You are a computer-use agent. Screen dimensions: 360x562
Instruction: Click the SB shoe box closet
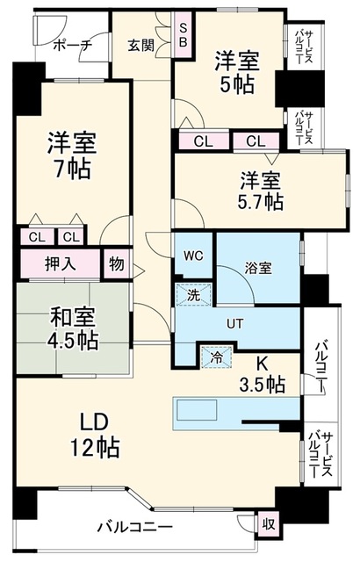[x=183, y=34]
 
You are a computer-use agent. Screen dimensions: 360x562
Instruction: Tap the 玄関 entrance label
[x=141, y=46]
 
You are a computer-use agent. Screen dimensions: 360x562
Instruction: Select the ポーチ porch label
[x=73, y=46]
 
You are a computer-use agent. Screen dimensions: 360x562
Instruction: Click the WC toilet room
[x=194, y=256]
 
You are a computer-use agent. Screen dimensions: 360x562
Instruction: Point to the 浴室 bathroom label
[x=258, y=268]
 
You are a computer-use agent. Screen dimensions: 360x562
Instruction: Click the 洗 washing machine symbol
[x=193, y=295]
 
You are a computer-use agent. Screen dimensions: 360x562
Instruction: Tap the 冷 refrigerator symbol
[x=216, y=357]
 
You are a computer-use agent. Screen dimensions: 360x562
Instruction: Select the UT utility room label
[x=235, y=324]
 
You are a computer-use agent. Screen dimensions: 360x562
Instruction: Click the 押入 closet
[x=61, y=263]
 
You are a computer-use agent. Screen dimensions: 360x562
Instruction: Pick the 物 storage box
[x=117, y=263]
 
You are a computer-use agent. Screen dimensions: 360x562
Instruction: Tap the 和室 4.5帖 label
[x=73, y=328]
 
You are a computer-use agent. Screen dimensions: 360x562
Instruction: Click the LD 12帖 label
[x=94, y=435]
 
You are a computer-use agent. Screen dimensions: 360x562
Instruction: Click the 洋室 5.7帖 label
[x=261, y=191]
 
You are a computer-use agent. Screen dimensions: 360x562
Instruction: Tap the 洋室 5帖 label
[x=236, y=72]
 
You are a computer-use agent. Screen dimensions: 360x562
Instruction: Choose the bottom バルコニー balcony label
[x=135, y=527]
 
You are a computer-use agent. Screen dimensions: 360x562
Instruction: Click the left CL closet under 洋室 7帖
[x=37, y=237]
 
